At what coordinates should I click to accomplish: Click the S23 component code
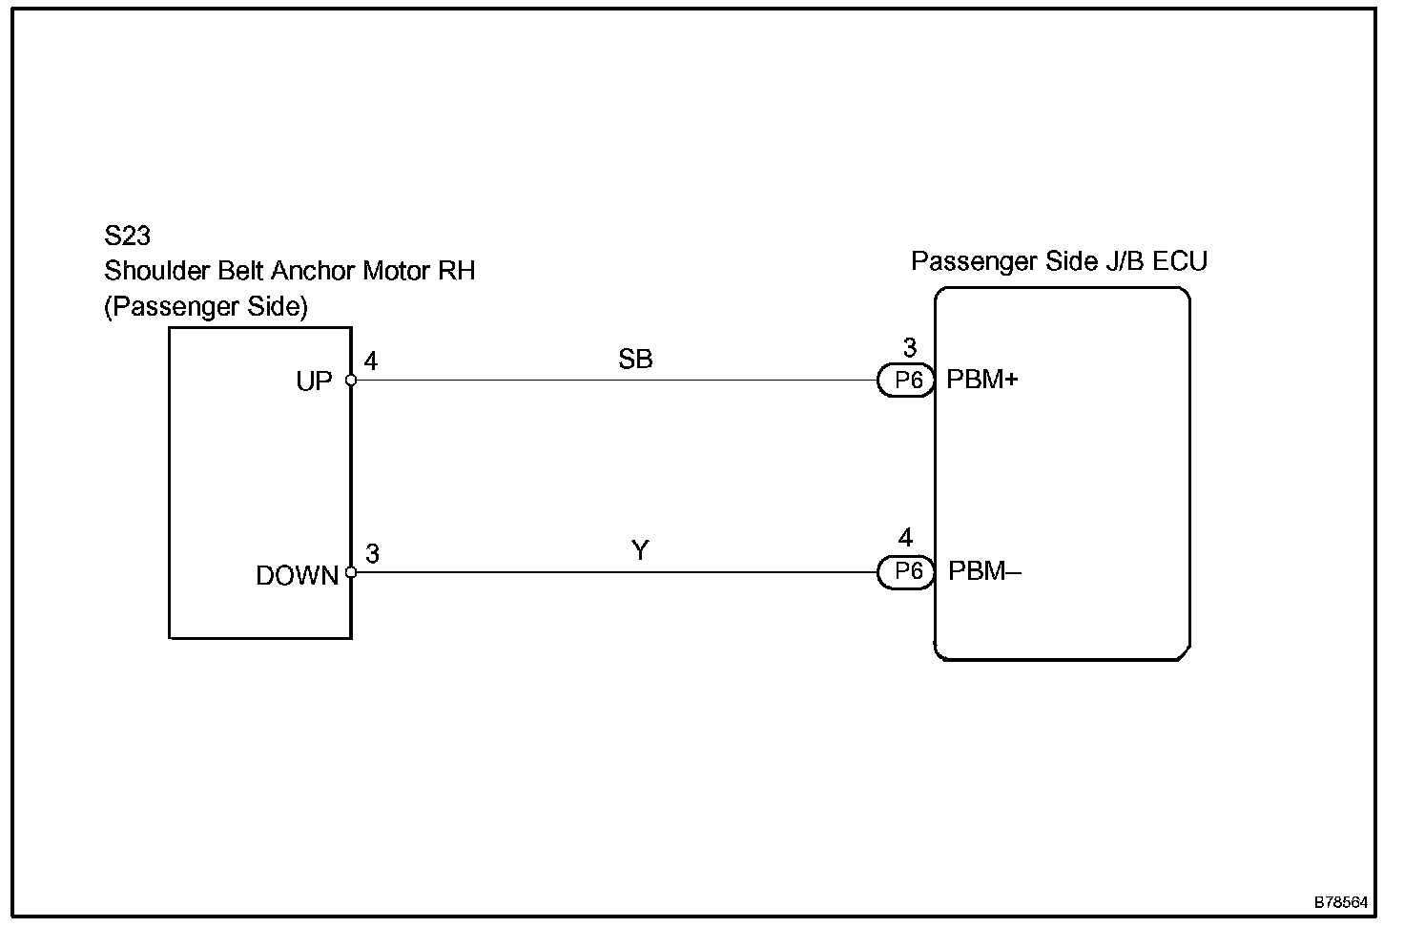click(127, 236)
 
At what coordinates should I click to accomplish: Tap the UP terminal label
click(314, 381)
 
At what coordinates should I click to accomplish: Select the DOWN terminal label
click(297, 575)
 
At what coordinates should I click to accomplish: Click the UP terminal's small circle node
click(351, 380)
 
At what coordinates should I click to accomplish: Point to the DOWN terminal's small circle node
click(351, 572)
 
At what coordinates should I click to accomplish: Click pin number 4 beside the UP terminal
click(370, 361)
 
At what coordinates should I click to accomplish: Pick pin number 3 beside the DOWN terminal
click(372, 553)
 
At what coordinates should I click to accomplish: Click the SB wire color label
click(635, 360)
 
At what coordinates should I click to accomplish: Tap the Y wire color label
click(640, 550)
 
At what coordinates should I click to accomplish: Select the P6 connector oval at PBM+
click(906, 380)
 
